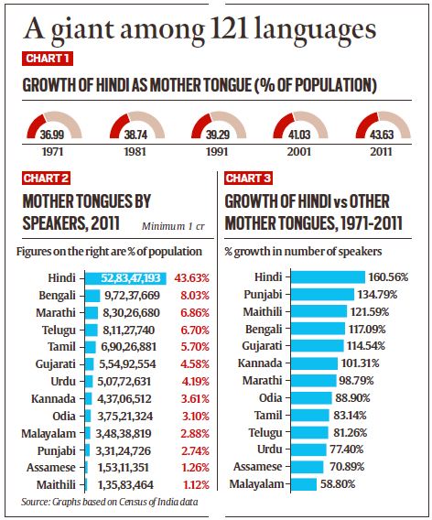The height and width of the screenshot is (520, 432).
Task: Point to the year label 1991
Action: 215,151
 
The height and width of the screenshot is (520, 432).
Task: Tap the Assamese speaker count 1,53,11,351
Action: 135,467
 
